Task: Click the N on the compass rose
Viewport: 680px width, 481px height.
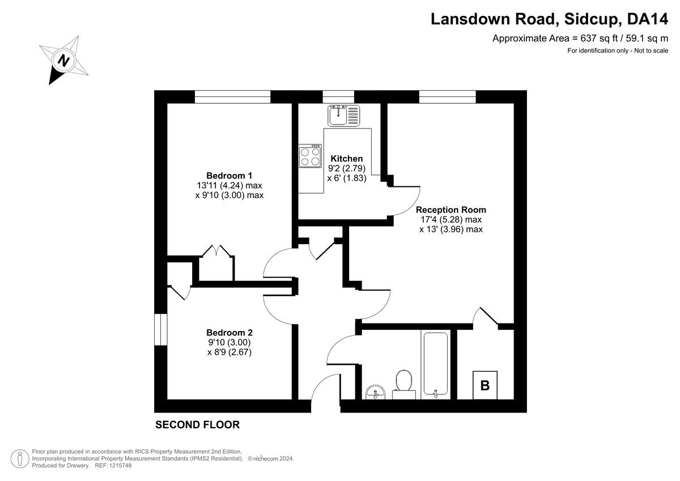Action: tap(63, 60)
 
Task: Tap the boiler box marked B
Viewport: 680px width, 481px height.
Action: tap(485, 385)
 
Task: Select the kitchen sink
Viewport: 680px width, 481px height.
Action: tap(343, 116)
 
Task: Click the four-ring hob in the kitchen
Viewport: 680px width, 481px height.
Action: tap(310, 156)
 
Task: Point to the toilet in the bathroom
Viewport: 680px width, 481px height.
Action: tap(403, 384)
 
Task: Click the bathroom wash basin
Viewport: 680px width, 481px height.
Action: tap(376, 392)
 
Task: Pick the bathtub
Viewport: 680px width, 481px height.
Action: tap(436, 364)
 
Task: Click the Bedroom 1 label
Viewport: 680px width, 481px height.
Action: tap(229, 176)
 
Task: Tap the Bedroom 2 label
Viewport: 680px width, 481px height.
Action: tap(229, 333)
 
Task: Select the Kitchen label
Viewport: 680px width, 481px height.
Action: tap(347, 159)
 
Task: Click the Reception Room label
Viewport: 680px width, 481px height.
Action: tap(451, 210)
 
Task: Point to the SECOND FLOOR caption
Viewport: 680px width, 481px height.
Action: tap(198, 424)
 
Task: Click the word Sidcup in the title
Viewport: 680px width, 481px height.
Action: tap(590, 19)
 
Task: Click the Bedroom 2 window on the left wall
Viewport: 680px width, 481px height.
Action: tap(161, 330)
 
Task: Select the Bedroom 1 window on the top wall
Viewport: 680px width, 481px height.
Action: tap(232, 97)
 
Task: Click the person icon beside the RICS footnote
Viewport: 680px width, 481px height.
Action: tap(20, 458)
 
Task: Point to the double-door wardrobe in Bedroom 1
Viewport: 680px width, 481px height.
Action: tap(216, 263)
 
